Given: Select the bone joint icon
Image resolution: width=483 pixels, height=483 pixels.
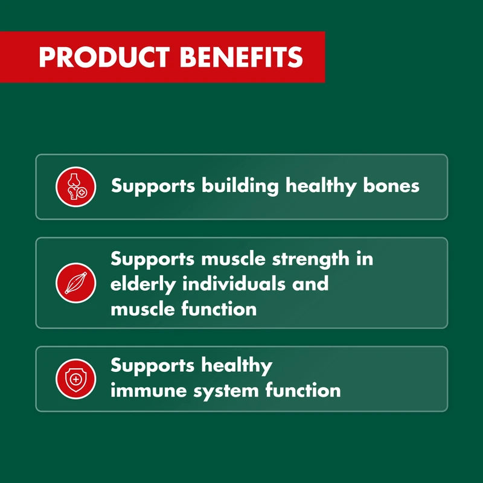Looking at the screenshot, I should coord(76,187).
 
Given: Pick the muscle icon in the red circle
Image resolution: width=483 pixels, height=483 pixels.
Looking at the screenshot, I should coord(76,283).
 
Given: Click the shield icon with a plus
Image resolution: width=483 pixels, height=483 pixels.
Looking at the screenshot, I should coord(76,379).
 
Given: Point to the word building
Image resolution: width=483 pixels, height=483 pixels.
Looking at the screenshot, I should coord(240,186).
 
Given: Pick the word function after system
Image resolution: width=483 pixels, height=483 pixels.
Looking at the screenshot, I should coord(303,390).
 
